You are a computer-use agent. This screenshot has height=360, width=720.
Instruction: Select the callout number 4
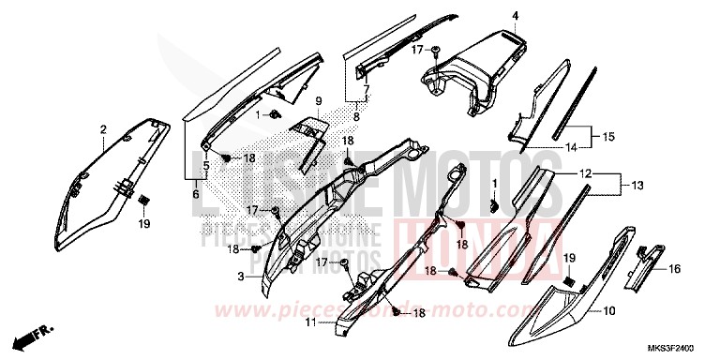(x=515, y=15)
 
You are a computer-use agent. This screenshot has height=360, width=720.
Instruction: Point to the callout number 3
(x=242, y=277)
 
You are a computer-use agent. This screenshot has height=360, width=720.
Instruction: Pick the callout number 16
(x=675, y=268)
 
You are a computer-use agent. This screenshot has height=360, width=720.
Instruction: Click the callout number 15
(x=609, y=137)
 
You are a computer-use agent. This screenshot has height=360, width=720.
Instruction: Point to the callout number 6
(x=196, y=194)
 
